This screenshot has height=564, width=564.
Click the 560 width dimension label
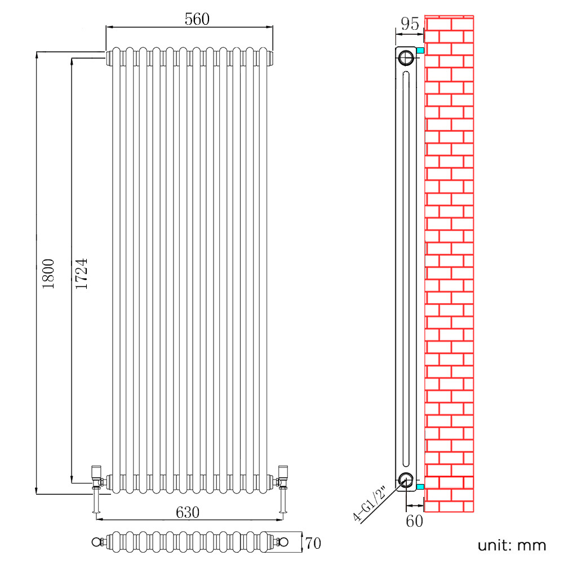click(197, 19)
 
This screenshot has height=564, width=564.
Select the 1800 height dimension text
click(49, 274)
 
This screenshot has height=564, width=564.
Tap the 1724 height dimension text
click(82, 274)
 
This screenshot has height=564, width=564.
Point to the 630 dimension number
click(188, 513)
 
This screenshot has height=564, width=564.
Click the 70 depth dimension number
click(313, 543)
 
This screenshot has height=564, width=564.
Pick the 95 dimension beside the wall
click(410, 24)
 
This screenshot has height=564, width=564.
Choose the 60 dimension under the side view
click(414, 521)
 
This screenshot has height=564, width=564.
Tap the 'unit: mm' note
click(512, 545)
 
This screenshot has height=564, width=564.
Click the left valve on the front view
click(97, 479)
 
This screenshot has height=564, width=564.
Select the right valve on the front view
click(283, 479)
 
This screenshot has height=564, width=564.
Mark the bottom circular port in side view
click(405, 479)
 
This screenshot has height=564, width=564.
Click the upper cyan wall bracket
click(420, 51)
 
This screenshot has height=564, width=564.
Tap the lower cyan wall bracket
click(420, 486)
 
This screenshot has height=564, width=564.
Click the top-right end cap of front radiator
click(271, 57)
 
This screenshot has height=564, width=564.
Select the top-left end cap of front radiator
click(108, 56)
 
